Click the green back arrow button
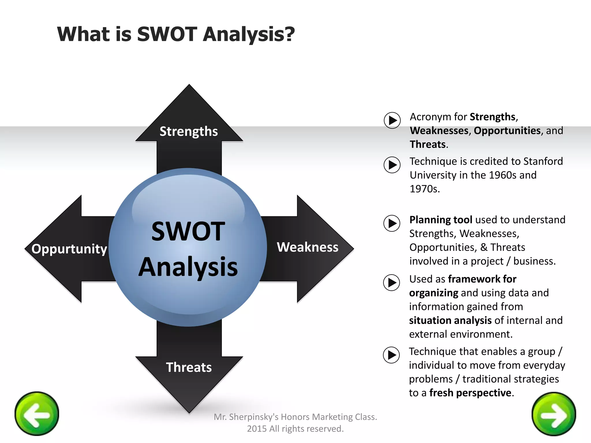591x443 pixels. coord(37,414)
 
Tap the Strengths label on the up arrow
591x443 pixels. coord(189,132)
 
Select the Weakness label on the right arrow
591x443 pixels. coord(307,247)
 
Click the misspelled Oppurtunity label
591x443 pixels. coord(69,249)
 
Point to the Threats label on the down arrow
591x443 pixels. coord(189,367)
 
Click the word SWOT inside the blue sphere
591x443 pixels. coord(188,231)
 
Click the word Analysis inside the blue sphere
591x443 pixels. coord(188,267)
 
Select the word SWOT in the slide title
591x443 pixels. coord(167,34)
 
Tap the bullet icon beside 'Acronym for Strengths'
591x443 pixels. coord(392,120)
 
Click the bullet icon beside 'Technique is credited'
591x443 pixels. coord(392,165)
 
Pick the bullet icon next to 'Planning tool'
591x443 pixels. coord(392,223)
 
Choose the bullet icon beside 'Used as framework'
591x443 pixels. coord(392,283)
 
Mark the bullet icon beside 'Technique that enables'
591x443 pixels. coord(391,355)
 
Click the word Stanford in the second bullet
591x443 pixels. coord(543,161)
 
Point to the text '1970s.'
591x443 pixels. coord(424,189)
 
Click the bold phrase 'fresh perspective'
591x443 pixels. coord(470,393)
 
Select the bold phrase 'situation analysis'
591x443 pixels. coord(450,320)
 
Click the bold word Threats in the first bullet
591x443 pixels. coord(428,144)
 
